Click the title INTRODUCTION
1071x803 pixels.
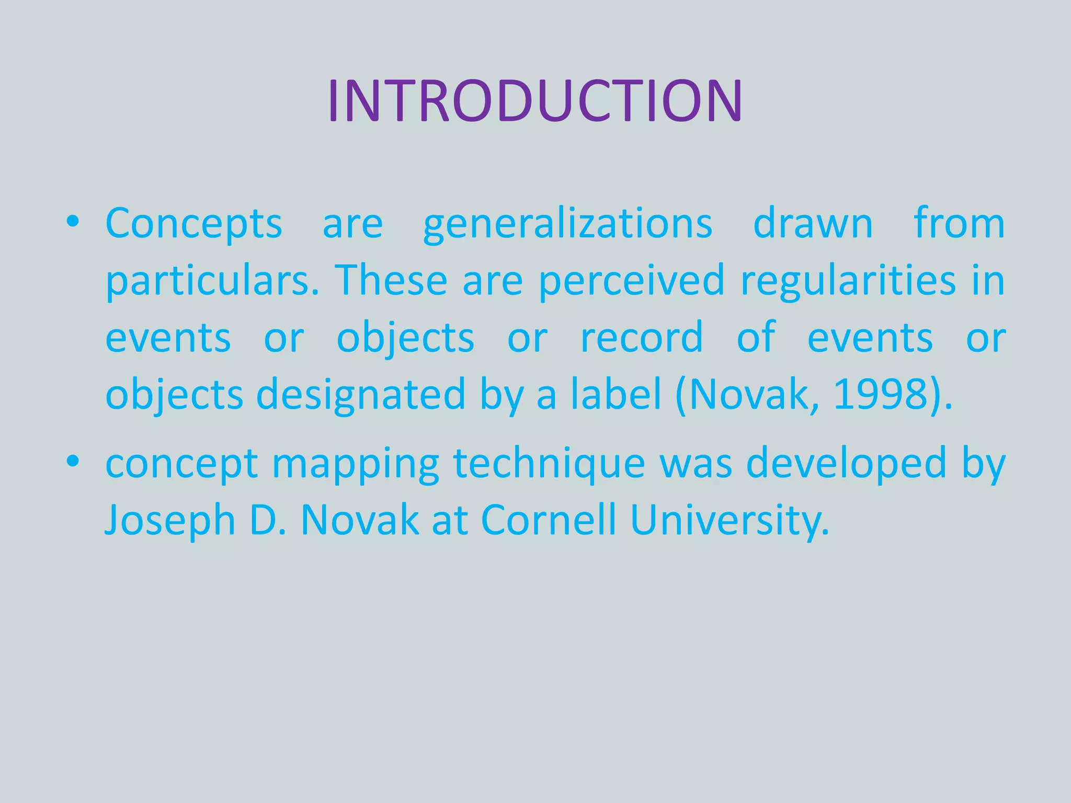point(535,101)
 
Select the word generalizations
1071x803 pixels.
point(568,224)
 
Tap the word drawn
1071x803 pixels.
point(813,224)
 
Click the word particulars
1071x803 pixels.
point(212,281)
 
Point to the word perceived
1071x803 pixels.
point(632,281)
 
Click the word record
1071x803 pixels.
point(642,338)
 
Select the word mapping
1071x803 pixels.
point(356,464)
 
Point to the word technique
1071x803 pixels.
point(549,464)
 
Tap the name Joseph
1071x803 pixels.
point(170,520)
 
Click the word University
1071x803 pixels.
point(730,520)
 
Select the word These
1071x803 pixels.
point(391,281)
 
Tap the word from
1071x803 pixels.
point(959,224)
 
